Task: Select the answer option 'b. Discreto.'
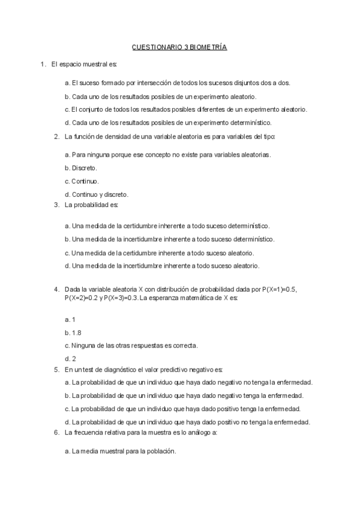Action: [80, 167]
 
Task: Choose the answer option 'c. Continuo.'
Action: [82, 181]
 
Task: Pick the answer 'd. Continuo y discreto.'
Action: [96, 194]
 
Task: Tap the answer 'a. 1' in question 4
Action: [69, 319]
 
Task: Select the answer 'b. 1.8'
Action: [73, 332]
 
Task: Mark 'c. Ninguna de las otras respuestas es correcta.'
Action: [131, 345]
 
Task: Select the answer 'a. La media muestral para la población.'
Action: [120, 451]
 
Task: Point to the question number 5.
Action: [56, 369]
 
